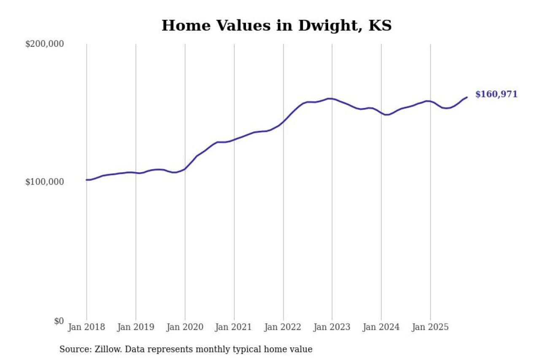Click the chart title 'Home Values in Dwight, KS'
pyautogui.click(x=276, y=26)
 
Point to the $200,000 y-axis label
pyautogui.click(x=44, y=44)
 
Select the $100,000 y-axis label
pyautogui.click(x=44, y=182)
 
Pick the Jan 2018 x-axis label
pyautogui.click(x=86, y=327)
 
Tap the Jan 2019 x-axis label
pyautogui.click(x=136, y=327)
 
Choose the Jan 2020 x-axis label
pyautogui.click(x=185, y=327)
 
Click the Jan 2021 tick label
pyautogui.click(x=234, y=327)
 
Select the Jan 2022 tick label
pyautogui.click(x=283, y=327)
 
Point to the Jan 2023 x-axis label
pyautogui.click(x=332, y=327)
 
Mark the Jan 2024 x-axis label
pyautogui.click(x=381, y=327)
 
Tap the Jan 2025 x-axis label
pyautogui.click(x=430, y=327)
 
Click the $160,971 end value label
pyautogui.click(x=496, y=95)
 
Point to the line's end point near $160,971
pyautogui.click(x=467, y=97)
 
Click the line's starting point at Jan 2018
pyautogui.click(x=86, y=180)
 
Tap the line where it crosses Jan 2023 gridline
pyautogui.click(x=332, y=99)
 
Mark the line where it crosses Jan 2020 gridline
pyautogui.click(x=185, y=169)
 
